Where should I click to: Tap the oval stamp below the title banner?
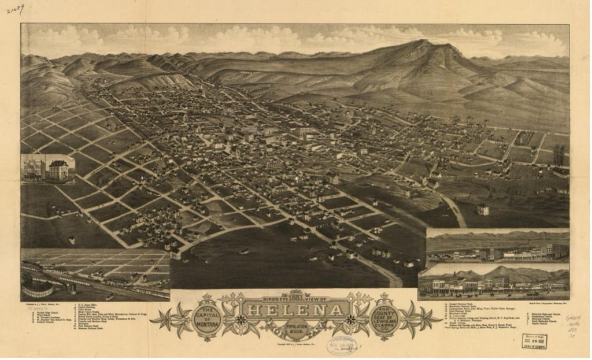342,345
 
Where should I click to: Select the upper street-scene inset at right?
497,246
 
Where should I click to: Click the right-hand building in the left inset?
58,169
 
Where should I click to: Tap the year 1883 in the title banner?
295,296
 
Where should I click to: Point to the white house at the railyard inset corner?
175,254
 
